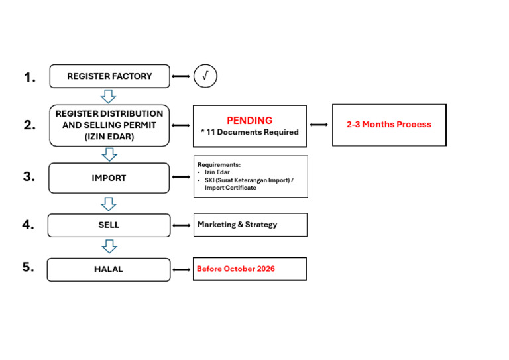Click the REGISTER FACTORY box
(x=109, y=76)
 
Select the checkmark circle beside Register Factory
(x=205, y=76)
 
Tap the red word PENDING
(x=249, y=120)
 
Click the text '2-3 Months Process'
(x=388, y=124)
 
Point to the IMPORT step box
(x=109, y=178)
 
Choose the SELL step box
(x=109, y=225)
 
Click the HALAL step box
(x=108, y=269)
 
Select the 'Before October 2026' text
(x=236, y=269)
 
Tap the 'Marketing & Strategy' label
(x=237, y=225)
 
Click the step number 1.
(x=30, y=78)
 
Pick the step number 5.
(x=28, y=267)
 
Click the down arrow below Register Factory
(x=109, y=96)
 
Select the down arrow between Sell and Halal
(x=109, y=247)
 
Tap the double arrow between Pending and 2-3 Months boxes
(x=319, y=125)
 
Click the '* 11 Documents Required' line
(x=249, y=132)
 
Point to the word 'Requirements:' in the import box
(x=219, y=164)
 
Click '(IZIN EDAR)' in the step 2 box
(x=109, y=136)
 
